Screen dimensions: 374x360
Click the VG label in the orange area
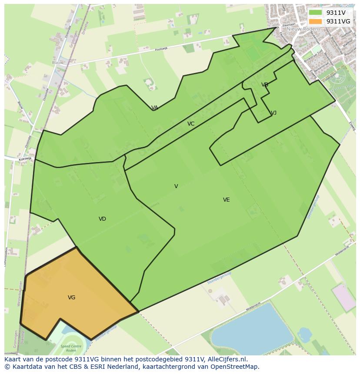[x=72, y=298]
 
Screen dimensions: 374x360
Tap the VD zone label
[x=102, y=219]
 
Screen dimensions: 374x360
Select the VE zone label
[x=226, y=200]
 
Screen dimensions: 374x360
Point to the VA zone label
[x=154, y=108]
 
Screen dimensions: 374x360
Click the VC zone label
[x=191, y=124]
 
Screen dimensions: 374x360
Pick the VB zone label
[x=265, y=85]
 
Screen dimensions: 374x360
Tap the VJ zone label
[x=273, y=113]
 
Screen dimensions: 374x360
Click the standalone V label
[x=176, y=186]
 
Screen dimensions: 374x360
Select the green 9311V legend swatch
[x=315, y=13]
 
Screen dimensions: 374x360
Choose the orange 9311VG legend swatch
[x=315, y=21]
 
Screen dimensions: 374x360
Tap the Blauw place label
[x=57, y=63]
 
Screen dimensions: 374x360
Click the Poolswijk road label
[x=161, y=49]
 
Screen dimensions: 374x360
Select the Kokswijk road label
[x=26, y=159]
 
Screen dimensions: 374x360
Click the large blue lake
[x=252, y=324]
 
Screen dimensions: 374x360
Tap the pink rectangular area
[x=343, y=297]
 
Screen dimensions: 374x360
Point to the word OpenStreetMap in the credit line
[x=235, y=367]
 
